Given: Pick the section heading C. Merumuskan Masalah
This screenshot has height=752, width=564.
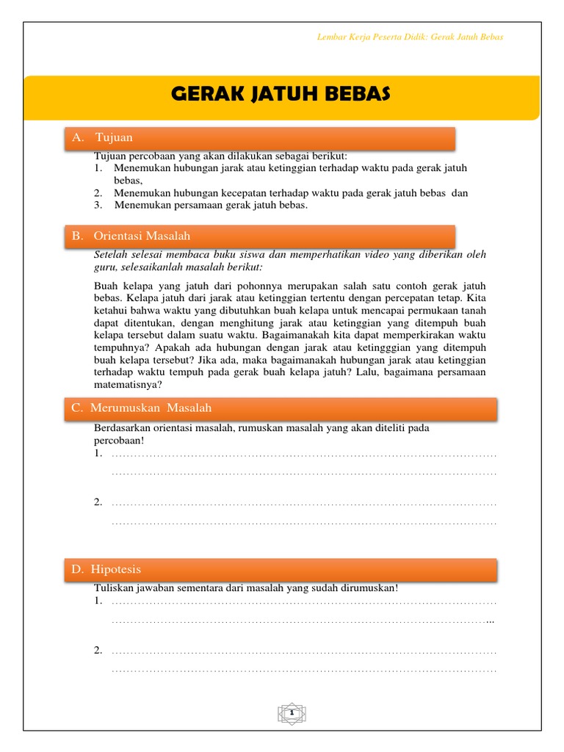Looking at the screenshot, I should (141, 408).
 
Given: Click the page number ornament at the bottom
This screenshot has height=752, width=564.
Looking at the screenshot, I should (292, 713).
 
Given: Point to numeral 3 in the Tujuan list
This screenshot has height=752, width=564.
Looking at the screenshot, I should (97, 205).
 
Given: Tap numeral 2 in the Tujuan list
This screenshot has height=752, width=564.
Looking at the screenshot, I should (97, 193).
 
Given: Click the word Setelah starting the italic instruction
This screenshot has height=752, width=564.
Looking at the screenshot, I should (111, 254).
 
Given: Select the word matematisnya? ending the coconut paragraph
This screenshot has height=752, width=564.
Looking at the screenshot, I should (129, 384).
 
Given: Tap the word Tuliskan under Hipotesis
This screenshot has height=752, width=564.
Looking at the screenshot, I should (114, 588).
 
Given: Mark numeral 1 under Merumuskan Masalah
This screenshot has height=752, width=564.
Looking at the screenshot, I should (97, 453).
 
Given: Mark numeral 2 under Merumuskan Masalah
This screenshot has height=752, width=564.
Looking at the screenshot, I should (97, 502).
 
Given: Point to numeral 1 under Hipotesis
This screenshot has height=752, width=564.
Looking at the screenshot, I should (97, 601).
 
